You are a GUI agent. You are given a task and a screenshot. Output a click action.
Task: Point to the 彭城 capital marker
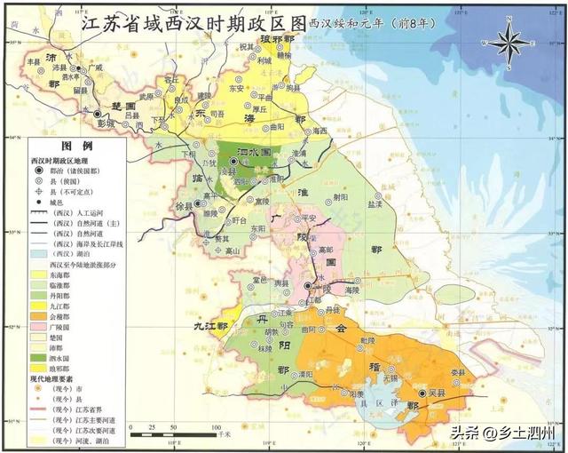click(98, 114)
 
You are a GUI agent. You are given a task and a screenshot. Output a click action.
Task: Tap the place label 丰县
click(34, 62)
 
